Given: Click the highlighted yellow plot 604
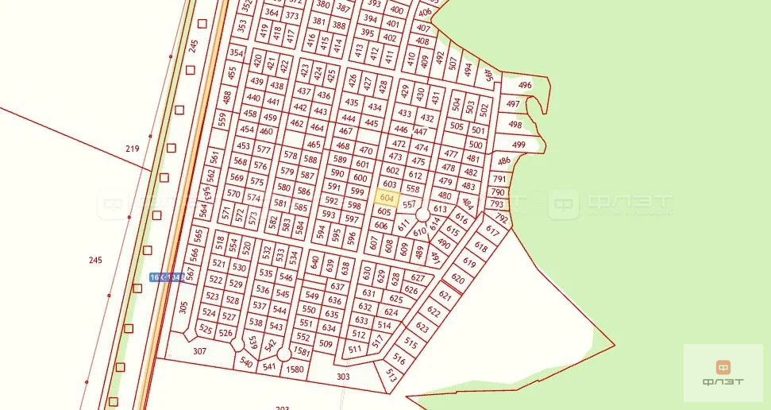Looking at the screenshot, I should pyautogui.click(x=387, y=198).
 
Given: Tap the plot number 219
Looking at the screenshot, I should pyautogui.click(x=132, y=149).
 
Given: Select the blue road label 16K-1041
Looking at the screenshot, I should pyautogui.click(x=167, y=277).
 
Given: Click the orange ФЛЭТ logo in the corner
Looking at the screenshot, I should pyautogui.click(x=723, y=373).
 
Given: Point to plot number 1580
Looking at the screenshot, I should pyautogui.click(x=295, y=369).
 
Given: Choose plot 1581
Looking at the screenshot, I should pyautogui.click(x=301, y=350).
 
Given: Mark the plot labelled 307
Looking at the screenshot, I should pyautogui.click(x=199, y=350).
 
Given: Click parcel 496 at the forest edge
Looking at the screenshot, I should pyautogui.click(x=525, y=85).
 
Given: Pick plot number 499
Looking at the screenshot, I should pyautogui.click(x=518, y=145).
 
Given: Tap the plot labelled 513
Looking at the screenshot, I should pyautogui.click(x=391, y=374).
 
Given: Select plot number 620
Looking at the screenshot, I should pyautogui.click(x=457, y=279).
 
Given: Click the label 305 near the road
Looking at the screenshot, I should pyautogui.click(x=183, y=307).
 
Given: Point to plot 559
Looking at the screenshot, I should pyautogui.click(x=222, y=119).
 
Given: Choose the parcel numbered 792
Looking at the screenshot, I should pyautogui.click(x=500, y=217).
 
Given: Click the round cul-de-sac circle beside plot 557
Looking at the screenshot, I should pyautogui.click(x=422, y=215).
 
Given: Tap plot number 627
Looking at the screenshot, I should pyautogui.click(x=418, y=277).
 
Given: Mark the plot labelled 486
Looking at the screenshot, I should pyautogui.click(x=503, y=161).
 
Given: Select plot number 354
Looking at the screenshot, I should pyautogui.click(x=236, y=52).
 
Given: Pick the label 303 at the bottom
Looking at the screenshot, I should pyautogui.click(x=343, y=377).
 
